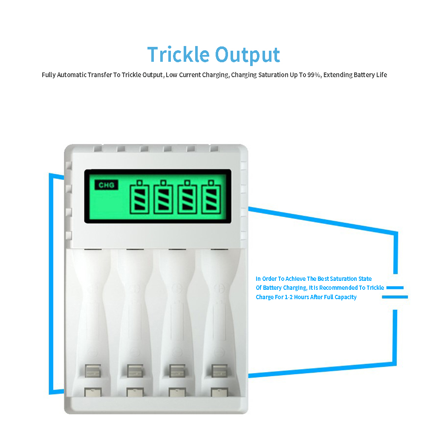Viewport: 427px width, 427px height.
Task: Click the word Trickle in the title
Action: point(178,54)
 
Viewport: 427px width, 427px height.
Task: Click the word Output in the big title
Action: point(248,55)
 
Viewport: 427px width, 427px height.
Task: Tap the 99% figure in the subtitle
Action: point(314,75)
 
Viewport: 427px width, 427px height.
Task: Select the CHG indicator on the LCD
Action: point(106,185)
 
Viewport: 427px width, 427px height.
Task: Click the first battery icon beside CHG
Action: point(139,196)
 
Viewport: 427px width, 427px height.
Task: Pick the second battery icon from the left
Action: point(163,196)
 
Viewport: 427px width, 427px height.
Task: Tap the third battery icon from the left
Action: point(188,196)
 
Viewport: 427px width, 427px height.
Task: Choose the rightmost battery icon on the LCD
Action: point(211,196)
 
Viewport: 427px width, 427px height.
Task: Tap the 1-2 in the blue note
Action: point(289,297)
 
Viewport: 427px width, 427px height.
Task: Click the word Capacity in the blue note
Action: point(346,297)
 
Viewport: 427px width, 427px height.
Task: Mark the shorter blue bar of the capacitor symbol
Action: point(395,288)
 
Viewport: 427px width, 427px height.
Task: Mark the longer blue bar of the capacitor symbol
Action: point(395,297)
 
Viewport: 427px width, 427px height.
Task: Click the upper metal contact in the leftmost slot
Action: point(93,371)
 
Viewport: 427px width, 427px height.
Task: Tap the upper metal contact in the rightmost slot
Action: point(219,371)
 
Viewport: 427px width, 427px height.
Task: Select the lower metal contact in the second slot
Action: point(135,392)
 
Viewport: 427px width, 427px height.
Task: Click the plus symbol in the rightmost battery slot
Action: point(219,288)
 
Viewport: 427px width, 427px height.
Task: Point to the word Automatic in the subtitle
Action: point(72,75)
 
